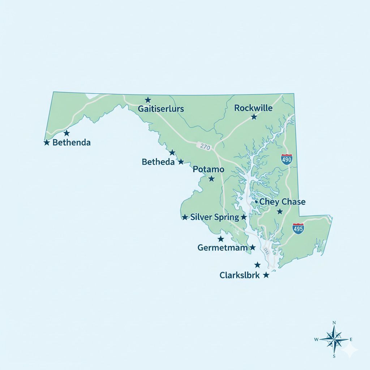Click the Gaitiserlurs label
pos(161,109)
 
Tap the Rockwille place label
pos(253,108)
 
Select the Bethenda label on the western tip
pos(72,142)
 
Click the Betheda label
pos(158,162)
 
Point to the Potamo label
pos(208,169)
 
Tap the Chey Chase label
pos(283,202)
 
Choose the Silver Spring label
pos(215,217)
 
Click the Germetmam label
pos(223,248)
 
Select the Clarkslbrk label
pos(240,275)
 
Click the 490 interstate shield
pos(287,159)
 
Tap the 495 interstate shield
pos(298,228)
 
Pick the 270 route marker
pos(205,147)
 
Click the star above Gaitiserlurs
pos(148,100)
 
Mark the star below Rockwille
pos(254,117)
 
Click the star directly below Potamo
pos(212,179)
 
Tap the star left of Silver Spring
pos(185,217)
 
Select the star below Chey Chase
pos(280,211)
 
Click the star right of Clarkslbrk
pos(266,275)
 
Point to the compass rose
pos(334,339)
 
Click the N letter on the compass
pos(334,323)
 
